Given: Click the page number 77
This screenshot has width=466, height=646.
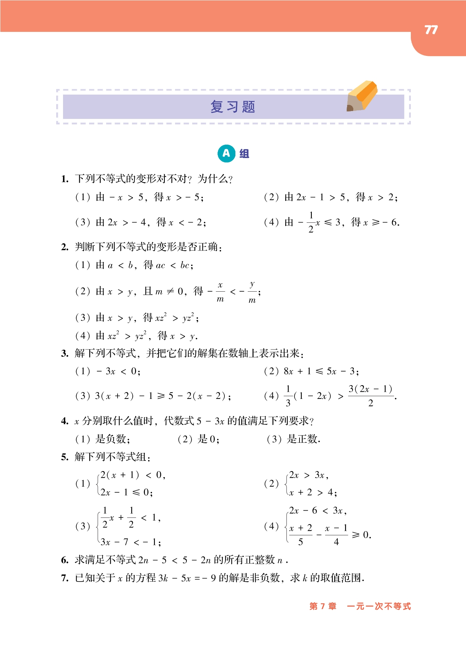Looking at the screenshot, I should coord(431,30).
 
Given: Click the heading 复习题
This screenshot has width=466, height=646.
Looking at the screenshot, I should coord(233,107).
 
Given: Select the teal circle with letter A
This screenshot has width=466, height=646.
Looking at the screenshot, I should coord(226,153).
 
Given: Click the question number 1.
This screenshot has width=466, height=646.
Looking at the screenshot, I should coord(65,179).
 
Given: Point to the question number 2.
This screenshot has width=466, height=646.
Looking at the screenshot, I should coord(65,247).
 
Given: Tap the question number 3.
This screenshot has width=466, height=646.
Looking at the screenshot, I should coord(65,353).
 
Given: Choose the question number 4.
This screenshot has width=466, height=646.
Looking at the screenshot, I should coord(65,421).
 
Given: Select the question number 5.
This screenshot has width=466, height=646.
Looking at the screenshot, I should coord(65,457).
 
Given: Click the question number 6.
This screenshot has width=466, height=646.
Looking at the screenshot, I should coord(65,560).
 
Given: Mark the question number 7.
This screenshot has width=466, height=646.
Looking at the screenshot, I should coord(65,578).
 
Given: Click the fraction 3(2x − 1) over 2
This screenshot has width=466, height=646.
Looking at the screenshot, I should coord(370,396).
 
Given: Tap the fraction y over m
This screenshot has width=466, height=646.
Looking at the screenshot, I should coord(252,292).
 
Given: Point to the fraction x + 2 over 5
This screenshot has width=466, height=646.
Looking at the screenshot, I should coord(301,535).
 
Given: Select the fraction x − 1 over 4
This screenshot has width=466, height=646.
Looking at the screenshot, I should coord(336,535).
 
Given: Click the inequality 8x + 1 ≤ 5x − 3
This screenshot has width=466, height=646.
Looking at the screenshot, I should coord(321,371).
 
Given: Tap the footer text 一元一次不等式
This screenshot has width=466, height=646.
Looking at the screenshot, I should coord(379,606).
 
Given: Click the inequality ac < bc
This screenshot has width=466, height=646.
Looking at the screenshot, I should coord(174,265).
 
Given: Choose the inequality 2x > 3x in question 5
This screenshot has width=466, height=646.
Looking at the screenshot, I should coord(308,475).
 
